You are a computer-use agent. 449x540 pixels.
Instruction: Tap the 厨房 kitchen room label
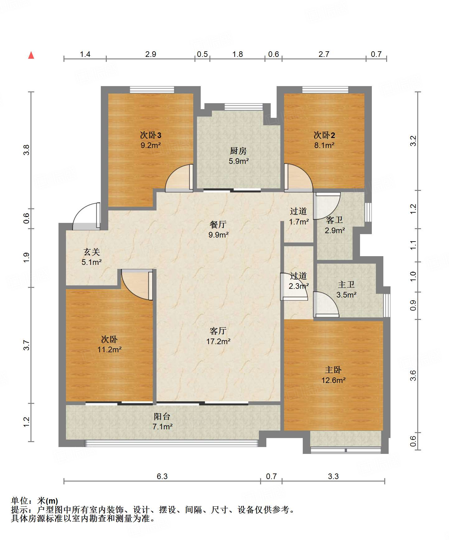pos(238,151)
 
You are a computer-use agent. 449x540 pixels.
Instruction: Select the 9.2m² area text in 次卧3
pos(151,145)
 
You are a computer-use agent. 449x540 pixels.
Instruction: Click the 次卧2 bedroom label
pos(324,135)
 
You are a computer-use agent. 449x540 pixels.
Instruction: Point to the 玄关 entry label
pos(92,252)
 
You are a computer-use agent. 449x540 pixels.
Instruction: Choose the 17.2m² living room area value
pos(218,341)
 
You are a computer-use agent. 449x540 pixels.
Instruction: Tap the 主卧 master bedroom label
pos(333,370)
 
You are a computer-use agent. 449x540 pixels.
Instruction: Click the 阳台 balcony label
pos(162,417)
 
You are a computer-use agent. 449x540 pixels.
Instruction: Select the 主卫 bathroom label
pos(346,284)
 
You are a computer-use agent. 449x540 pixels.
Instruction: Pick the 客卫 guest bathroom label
pos(334,220)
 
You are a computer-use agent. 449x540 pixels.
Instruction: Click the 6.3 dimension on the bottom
pos(162,477)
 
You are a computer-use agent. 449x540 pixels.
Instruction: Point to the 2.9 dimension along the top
pos(151,54)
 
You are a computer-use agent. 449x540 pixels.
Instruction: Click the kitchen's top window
pos(243,107)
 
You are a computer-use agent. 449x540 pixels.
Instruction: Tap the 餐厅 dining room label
pos(218,224)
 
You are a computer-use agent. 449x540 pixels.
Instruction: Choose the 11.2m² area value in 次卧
pos(109,350)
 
